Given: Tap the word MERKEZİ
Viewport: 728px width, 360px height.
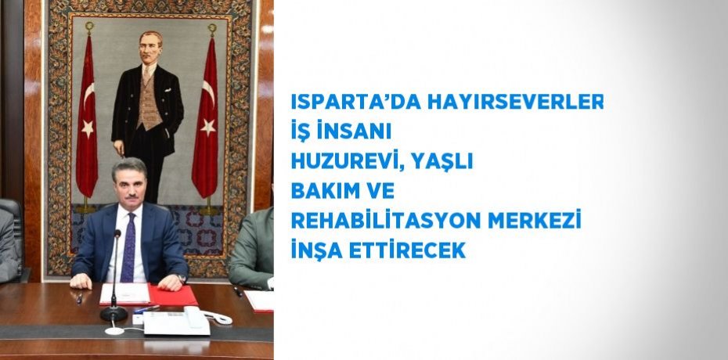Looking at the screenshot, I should coord(535,222).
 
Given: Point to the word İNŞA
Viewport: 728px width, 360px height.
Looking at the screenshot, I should coord(314,251).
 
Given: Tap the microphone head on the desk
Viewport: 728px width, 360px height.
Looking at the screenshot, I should coord(117,235).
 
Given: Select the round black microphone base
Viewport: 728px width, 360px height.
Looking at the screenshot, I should coord(114,313).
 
